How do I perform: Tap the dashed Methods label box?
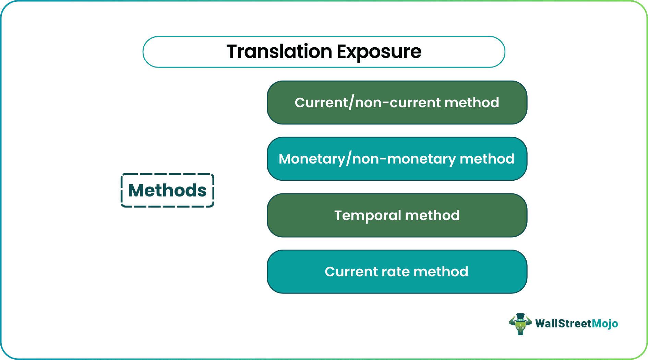(167, 190)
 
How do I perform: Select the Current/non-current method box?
(397, 103)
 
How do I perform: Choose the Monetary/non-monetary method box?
(397, 159)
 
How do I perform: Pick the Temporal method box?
(397, 215)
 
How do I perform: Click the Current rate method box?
(397, 272)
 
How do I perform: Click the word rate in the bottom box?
(396, 272)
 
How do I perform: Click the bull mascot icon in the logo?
(520, 324)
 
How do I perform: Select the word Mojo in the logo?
(605, 323)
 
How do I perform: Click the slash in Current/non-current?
(351, 103)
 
